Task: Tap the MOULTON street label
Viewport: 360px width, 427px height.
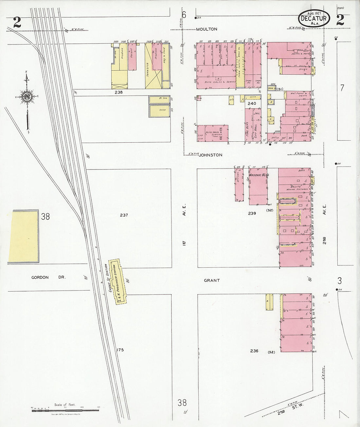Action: coord(207,29)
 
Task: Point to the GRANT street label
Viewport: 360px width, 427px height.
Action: coord(212,280)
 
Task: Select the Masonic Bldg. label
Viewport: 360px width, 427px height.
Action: coord(259,175)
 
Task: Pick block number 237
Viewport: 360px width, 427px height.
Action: coord(124,215)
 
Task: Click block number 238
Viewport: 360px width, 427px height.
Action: coord(118,93)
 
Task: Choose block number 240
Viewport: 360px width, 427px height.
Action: coord(252,103)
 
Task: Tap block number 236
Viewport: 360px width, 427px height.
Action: coord(254,351)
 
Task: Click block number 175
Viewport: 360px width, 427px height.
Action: coord(120,350)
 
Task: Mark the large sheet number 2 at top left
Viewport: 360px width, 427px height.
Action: coord(17,22)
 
